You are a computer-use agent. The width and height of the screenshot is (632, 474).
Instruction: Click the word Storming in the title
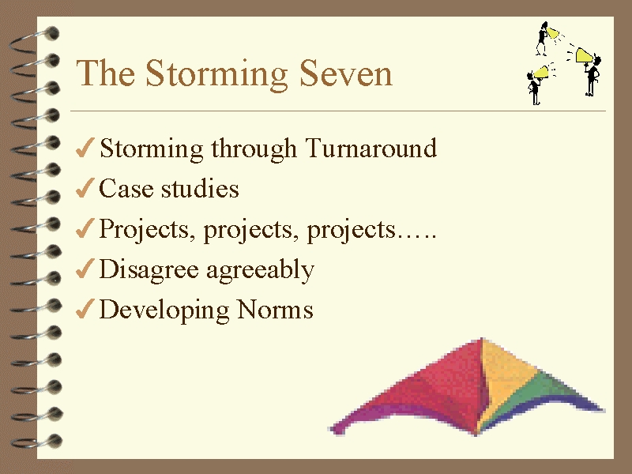[216, 74]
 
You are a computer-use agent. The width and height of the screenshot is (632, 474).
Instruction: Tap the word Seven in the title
[346, 73]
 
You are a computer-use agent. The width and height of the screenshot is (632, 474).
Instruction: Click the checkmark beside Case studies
[85, 188]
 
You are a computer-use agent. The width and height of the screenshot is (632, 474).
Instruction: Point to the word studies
[200, 188]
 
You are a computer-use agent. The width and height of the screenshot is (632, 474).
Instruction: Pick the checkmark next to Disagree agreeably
[85, 269]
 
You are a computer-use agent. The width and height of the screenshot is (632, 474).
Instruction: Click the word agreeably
[261, 270]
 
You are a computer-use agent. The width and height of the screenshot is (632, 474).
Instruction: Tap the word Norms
[275, 310]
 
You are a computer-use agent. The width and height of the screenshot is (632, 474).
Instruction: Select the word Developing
[164, 310]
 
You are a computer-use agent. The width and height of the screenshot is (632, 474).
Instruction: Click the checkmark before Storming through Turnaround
[85, 148]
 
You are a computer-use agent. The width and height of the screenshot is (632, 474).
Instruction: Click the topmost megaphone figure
[547, 38]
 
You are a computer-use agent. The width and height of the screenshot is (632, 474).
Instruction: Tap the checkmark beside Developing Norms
[85, 309]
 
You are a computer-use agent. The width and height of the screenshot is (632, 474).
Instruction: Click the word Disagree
[149, 270]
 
